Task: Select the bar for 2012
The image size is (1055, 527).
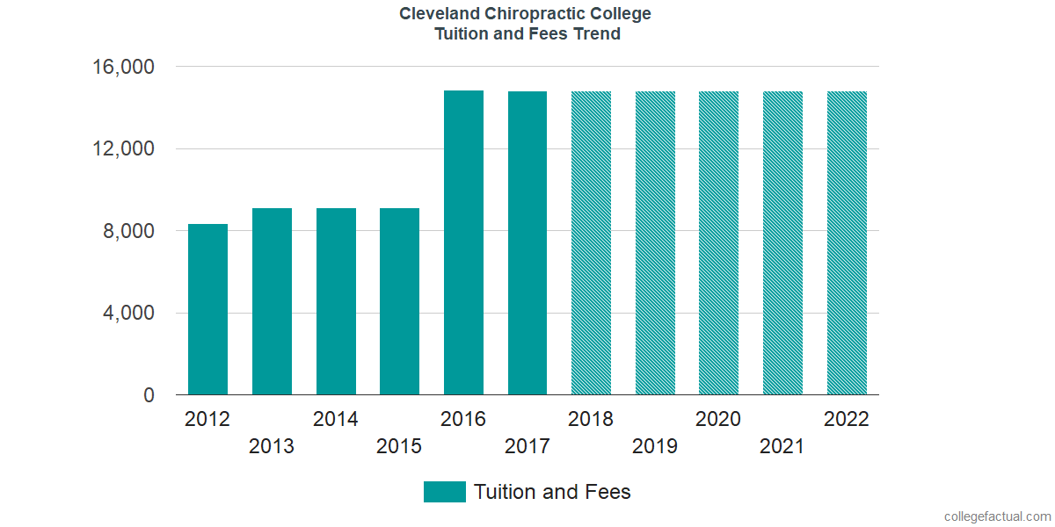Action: click(207, 309)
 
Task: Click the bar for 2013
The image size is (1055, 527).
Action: click(272, 301)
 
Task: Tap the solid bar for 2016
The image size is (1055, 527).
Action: click(463, 242)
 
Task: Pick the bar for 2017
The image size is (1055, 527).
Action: click(527, 243)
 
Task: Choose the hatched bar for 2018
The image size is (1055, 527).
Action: click(591, 243)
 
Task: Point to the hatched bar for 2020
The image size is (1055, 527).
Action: click(718, 243)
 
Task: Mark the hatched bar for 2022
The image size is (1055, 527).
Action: click(847, 243)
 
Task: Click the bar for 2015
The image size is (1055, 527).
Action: click(399, 301)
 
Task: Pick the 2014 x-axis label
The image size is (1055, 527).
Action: click(336, 419)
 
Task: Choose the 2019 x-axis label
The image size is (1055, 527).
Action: click(655, 446)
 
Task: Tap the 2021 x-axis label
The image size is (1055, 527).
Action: click(782, 446)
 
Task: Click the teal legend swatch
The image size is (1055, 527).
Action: click(444, 492)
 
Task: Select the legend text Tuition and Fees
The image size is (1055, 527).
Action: click(552, 492)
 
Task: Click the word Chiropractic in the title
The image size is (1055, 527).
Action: click(527, 14)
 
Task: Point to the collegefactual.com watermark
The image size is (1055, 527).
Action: click(997, 516)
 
